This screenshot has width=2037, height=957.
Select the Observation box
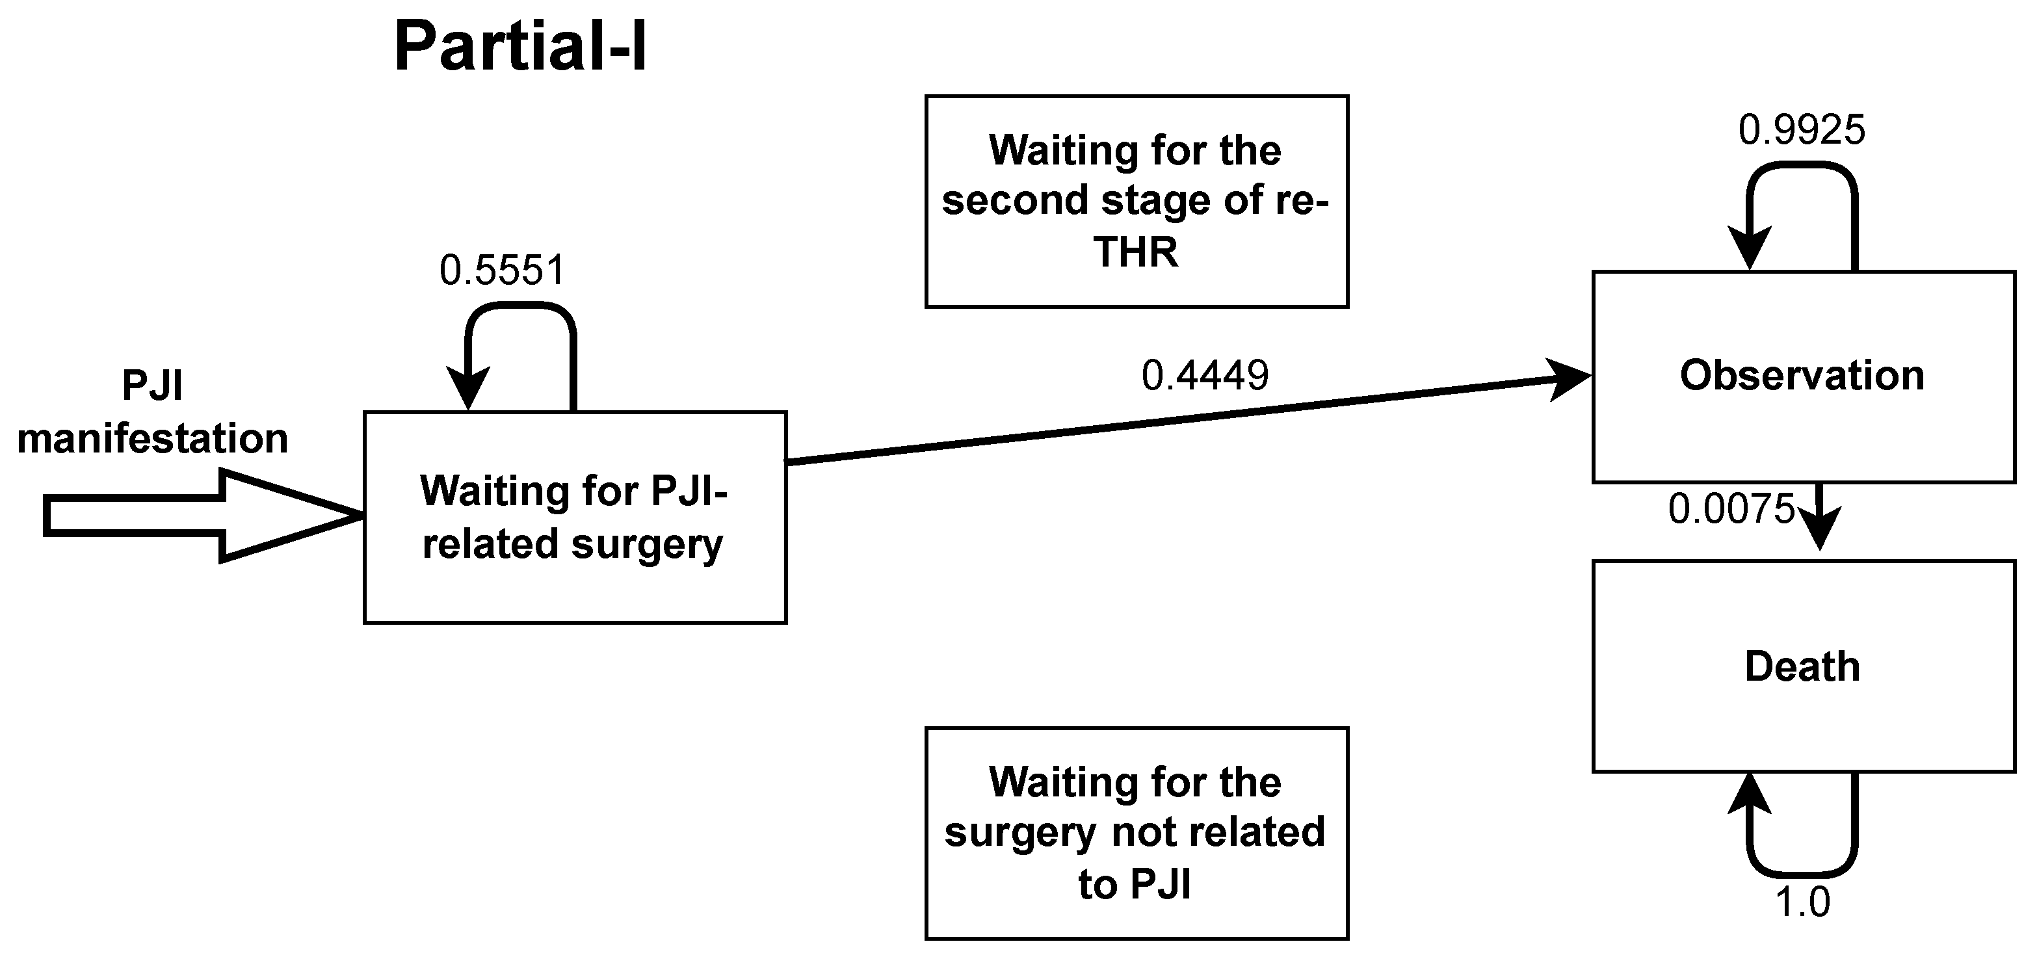coord(1803,376)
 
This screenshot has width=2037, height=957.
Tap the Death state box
coord(1803,666)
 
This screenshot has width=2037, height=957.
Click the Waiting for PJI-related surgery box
coord(575,518)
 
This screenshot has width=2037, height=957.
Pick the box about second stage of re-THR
coord(1137,202)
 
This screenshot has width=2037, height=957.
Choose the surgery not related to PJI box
coord(1137,833)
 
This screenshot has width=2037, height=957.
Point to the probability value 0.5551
coord(502,270)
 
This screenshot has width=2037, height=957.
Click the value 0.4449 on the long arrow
coord(1204,376)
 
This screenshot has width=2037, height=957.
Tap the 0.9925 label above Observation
coord(1802,130)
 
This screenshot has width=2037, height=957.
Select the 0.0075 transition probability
coord(1731,509)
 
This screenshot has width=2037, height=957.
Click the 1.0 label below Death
coord(1803,902)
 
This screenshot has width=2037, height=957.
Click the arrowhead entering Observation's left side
coord(1570,379)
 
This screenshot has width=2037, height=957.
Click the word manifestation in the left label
coord(153,438)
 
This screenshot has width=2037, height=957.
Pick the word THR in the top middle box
coord(1136,253)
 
